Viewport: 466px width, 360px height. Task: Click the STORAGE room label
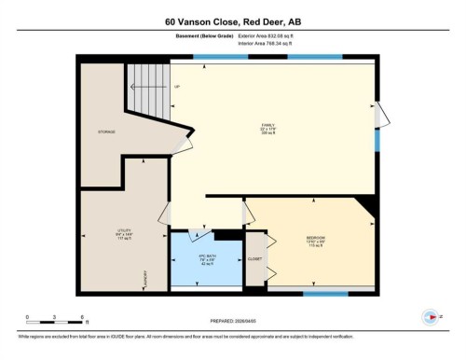point(106,132)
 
